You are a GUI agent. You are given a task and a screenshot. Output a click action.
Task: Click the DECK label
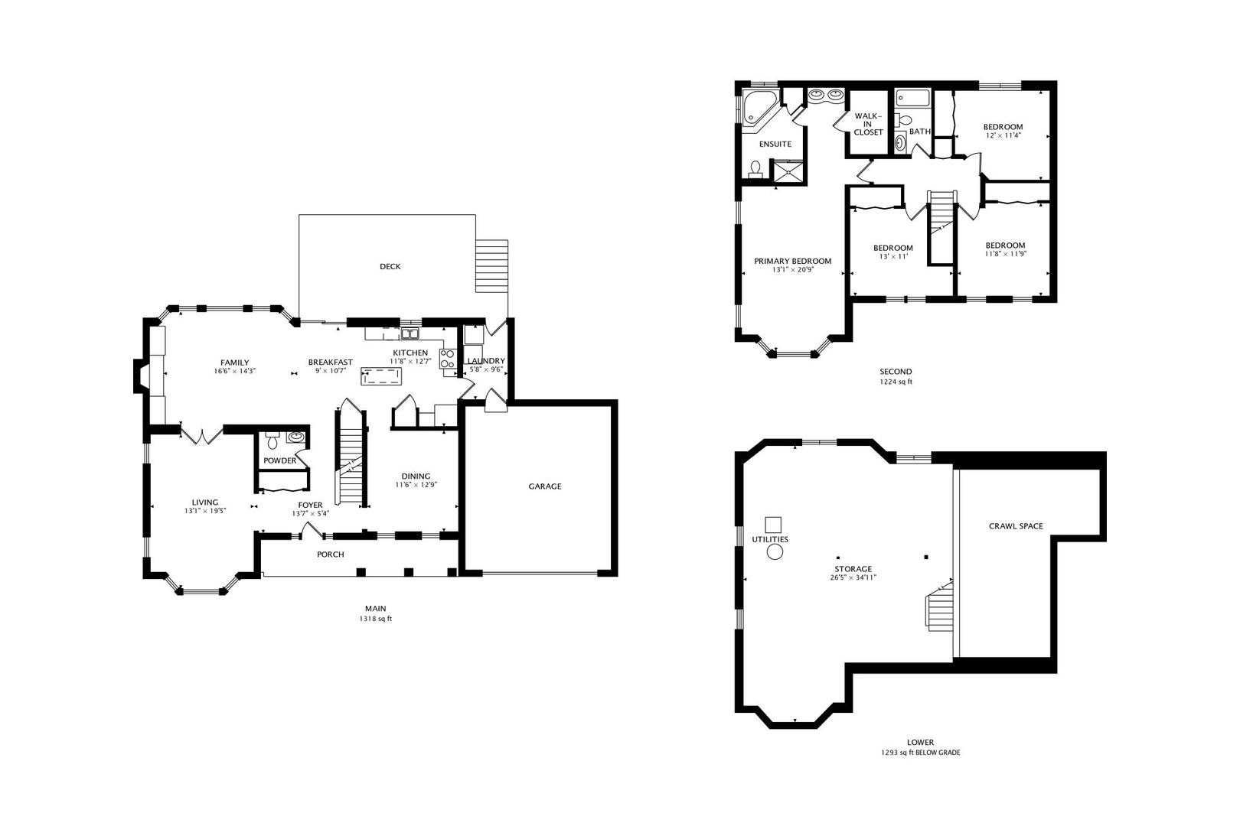390,267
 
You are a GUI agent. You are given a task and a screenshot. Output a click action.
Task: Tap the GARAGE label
545,486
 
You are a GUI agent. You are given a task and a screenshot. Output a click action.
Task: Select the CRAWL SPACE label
1016,526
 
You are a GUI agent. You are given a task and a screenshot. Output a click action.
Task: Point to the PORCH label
331,554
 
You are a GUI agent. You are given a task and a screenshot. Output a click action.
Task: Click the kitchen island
381,376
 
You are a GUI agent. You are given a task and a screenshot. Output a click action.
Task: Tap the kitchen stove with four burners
447,359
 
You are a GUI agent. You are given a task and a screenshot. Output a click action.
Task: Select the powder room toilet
272,441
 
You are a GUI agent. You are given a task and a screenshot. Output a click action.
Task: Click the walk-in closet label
868,124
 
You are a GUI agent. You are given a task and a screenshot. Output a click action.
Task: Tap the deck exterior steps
491,266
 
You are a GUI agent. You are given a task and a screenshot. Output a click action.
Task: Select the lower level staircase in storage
940,606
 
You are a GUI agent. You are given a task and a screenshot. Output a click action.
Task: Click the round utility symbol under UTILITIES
775,551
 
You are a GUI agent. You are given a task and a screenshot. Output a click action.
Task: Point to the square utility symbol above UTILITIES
773,525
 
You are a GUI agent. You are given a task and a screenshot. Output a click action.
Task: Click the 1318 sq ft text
375,619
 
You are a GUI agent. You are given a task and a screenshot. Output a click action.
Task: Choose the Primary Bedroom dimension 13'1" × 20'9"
793,271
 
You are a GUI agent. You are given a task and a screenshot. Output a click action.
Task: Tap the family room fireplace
140,376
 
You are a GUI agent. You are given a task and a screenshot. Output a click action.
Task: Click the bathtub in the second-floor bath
913,99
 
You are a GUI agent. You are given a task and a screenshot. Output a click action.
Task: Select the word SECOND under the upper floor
895,372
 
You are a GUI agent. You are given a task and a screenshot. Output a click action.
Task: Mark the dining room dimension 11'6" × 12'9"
416,485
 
